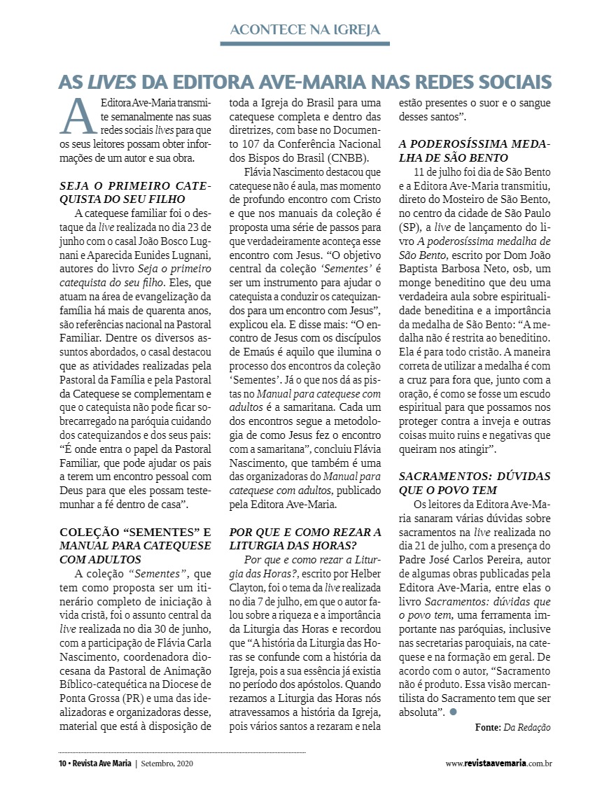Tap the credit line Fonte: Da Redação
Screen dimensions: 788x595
[x=512, y=727]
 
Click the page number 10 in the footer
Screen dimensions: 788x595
[x=62, y=763]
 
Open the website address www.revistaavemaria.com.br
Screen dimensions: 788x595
[x=498, y=763]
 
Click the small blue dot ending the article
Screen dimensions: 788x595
[x=454, y=712]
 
